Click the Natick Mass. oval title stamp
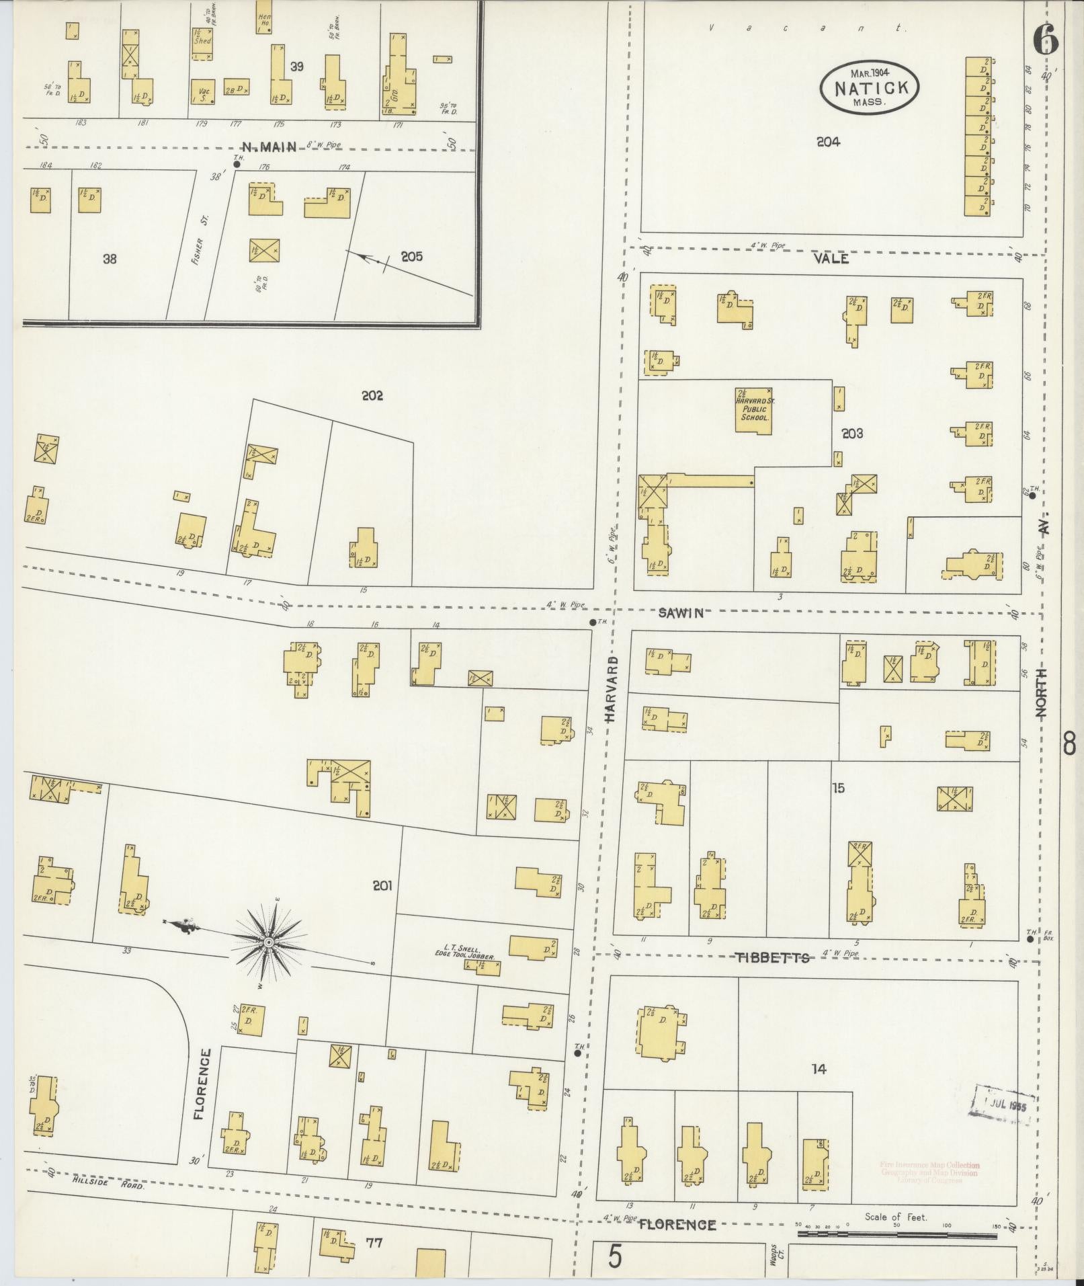pyautogui.click(x=869, y=87)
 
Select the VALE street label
pyautogui.click(x=831, y=259)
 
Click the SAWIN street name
pyautogui.click(x=681, y=612)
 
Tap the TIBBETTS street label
pyautogui.click(x=773, y=957)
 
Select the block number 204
pyautogui.click(x=828, y=142)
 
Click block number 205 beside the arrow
pyautogui.click(x=411, y=256)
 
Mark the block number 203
pyautogui.click(x=851, y=434)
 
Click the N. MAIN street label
pyautogui.click(x=269, y=147)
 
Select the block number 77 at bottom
pyautogui.click(x=374, y=1242)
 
